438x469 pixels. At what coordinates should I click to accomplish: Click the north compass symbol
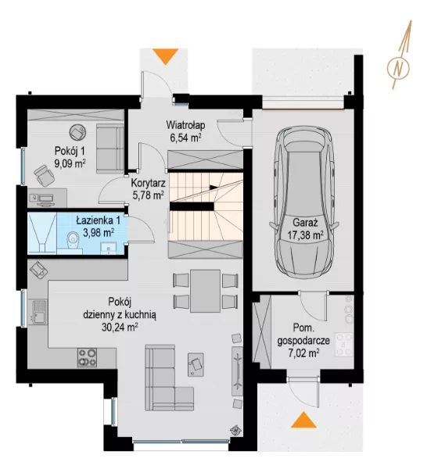(x=398, y=68)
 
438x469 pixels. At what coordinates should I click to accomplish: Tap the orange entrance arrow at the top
(x=165, y=56)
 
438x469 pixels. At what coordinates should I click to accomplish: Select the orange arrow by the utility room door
(x=303, y=420)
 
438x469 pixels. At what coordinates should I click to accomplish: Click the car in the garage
(x=304, y=202)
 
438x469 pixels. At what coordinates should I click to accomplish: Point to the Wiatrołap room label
(x=185, y=125)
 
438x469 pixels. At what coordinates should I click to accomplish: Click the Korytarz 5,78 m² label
(x=148, y=188)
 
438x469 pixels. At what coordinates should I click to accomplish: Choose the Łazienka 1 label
(x=99, y=220)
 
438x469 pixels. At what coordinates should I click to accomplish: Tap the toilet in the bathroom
(x=73, y=241)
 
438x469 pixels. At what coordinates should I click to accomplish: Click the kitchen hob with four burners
(x=88, y=357)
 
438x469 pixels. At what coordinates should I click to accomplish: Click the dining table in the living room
(x=206, y=291)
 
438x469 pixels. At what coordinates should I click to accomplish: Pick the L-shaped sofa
(x=167, y=378)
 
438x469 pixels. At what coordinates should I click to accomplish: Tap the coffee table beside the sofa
(x=196, y=364)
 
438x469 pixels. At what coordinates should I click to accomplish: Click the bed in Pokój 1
(x=109, y=149)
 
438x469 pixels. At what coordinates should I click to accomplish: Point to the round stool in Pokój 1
(x=78, y=132)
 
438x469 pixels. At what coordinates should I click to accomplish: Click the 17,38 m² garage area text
(x=305, y=235)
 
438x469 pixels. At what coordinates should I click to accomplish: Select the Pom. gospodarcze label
(x=303, y=334)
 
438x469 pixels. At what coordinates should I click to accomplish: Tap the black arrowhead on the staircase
(x=214, y=188)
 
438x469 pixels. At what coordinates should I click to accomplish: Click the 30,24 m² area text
(x=120, y=328)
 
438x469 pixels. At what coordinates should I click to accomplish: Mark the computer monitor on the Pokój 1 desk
(x=46, y=198)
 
